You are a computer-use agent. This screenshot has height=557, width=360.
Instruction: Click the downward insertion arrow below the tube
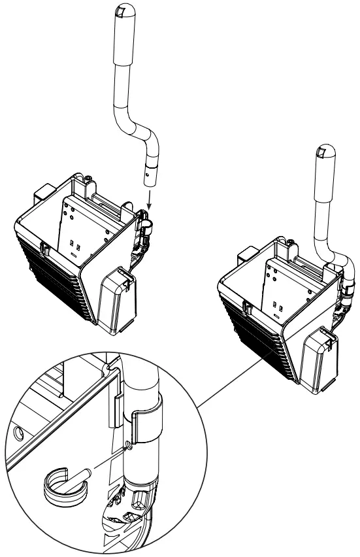[x=150, y=197]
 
